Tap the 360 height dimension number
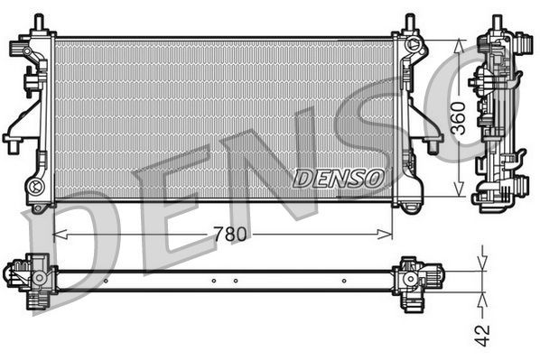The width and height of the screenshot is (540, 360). [459, 118]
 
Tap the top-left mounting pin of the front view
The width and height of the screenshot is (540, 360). [37, 20]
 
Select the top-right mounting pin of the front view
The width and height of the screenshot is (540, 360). [409, 20]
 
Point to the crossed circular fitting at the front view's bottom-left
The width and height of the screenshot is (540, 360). [37, 188]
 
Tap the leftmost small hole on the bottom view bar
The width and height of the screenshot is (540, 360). [106, 281]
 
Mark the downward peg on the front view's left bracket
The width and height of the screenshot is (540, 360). [14, 145]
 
